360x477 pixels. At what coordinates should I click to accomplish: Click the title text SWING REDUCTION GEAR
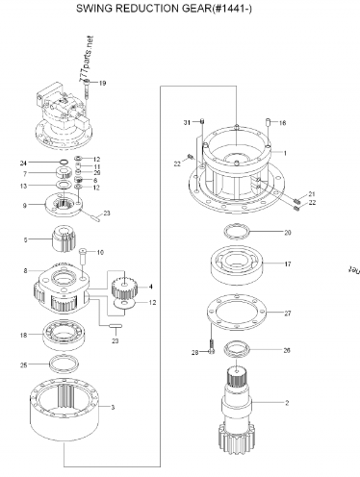pyautogui.click(x=181, y=8)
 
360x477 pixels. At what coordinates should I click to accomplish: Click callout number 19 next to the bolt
pyautogui.click(x=103, y=85)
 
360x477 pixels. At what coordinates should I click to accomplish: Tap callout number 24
pyautogui.click(x=49, y=163)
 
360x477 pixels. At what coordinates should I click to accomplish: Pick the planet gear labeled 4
pyautogui.click(x=122, y=287)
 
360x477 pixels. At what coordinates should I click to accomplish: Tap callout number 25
pyautogui.click(x=50, y=365)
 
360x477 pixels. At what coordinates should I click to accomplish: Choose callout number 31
pyautogui.click(x=188, y=123)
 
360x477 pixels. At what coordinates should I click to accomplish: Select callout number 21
pyautogui.click(x=311, y=194)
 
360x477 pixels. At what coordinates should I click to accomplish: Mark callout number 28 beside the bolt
pyautogui.click(x=194, y=353)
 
